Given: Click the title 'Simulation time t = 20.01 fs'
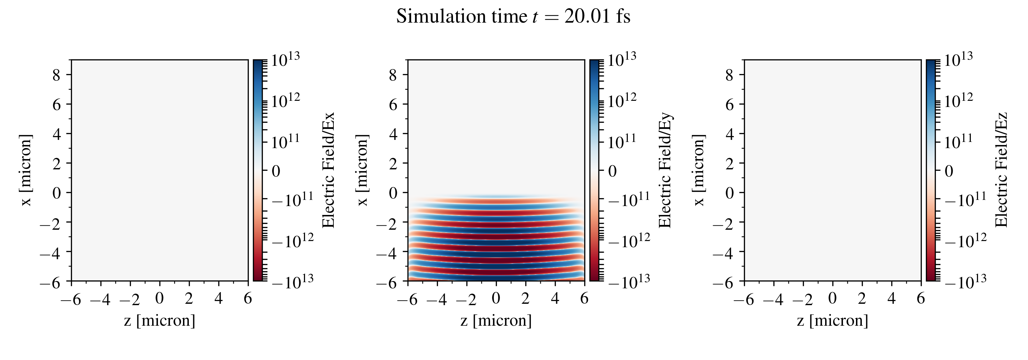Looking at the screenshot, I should coord(513,17).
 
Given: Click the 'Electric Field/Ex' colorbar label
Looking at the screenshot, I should coord(328,170).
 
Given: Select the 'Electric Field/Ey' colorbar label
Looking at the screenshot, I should coord(665,170).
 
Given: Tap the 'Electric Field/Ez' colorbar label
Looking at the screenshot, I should coord(1002,170).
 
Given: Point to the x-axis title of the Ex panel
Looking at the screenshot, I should coord(160,321).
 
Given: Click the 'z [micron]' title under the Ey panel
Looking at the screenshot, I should coord(496,321).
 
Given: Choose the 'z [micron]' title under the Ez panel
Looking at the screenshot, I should coord(832,321).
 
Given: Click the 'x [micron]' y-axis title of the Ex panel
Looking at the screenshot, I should coord(26,170).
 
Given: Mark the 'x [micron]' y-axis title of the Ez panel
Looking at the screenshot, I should coord(699,170).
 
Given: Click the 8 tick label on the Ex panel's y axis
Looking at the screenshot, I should coord(56,75).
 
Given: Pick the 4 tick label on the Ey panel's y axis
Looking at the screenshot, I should coord(393,134).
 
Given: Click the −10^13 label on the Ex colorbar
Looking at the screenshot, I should coord(293,281).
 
